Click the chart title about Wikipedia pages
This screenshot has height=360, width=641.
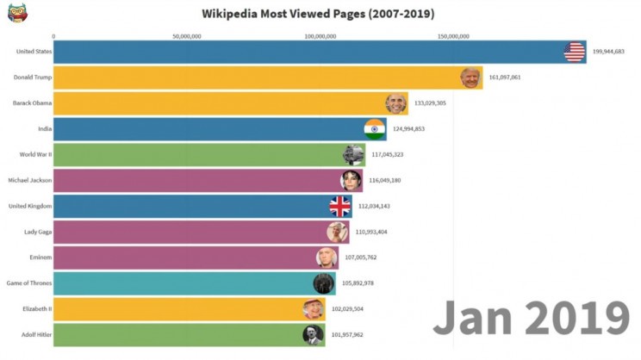[x=318, y=14]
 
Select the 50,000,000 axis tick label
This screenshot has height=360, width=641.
[x=187, y=36]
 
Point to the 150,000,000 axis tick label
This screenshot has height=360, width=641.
[x=453, y=36]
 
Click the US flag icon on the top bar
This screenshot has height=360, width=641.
[x=575, y=52]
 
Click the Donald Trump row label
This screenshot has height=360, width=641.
[x=33, y=78]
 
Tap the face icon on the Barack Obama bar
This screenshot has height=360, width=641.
[x=395, y=103]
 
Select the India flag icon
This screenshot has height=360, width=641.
[x=374, y=129]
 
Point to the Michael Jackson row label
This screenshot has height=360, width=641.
[x=29, y=180]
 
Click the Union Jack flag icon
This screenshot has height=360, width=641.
[x=340, y=206]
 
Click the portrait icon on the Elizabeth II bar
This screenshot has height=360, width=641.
[x=313, y=309]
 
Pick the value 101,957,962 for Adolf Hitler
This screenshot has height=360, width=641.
[x=346, y=335]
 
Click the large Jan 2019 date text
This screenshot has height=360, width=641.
[x=531, y=318]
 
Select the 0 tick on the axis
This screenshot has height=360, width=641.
[x=53, y=36]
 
